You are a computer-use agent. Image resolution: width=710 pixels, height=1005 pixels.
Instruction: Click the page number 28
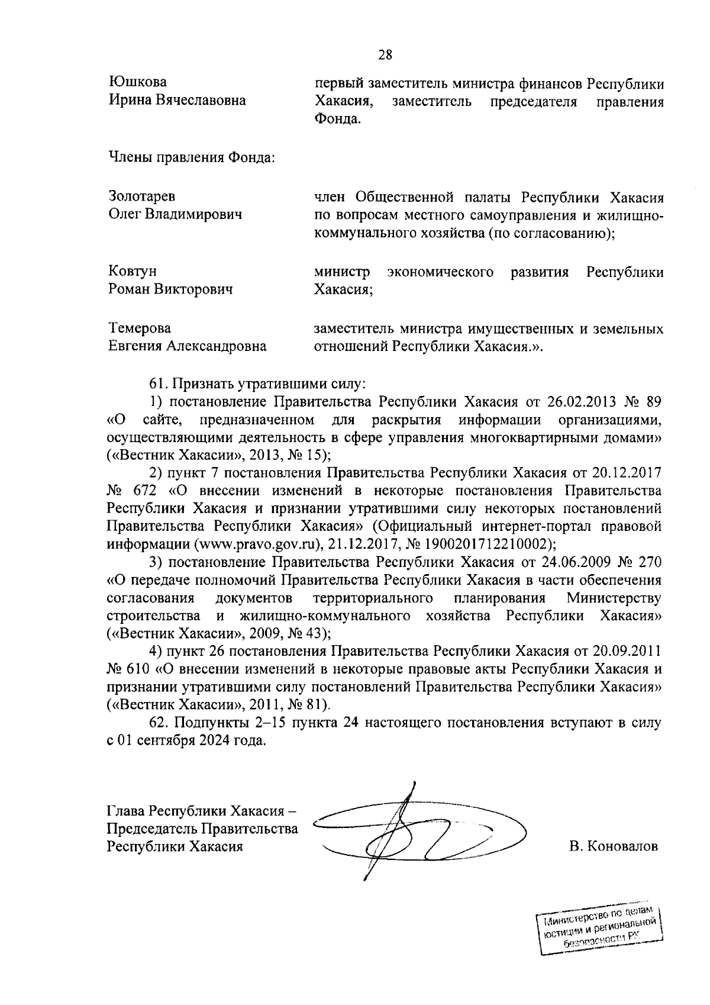coord(385,55)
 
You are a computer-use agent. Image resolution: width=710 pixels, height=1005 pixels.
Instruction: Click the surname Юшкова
coord(138,82)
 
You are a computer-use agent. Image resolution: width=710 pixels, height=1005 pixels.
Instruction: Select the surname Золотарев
coord(142,196)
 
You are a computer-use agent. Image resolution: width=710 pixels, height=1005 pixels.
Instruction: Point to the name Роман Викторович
coord(170,289)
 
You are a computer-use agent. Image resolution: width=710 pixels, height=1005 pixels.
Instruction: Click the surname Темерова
coord(140,328)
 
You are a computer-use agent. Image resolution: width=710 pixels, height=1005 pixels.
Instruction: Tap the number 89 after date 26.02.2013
coord(653,402)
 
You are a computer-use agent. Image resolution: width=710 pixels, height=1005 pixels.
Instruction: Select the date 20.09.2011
coord(626,651)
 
